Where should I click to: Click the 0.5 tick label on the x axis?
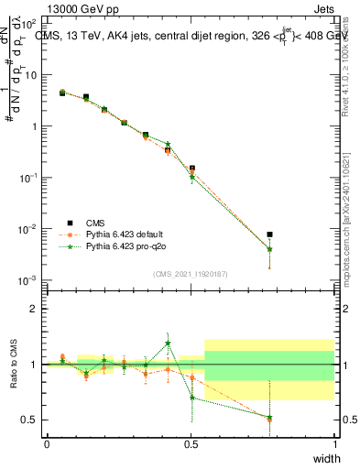coord(191,442)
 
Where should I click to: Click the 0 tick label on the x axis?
coord(47,442)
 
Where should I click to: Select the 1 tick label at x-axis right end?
coord(334,442)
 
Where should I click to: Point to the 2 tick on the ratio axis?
coord(34,309)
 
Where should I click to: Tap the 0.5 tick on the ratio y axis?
coord(29,420)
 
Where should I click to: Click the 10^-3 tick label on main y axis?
coord(28,279)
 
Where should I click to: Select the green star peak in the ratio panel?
coord(169,344)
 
